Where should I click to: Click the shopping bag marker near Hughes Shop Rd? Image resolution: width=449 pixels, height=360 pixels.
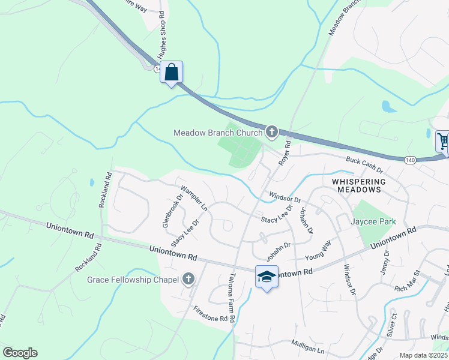click(172, 73)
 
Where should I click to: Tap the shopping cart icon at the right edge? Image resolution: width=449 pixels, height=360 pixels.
click(442, 142)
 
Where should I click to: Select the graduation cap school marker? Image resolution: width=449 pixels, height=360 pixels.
click(267, 277)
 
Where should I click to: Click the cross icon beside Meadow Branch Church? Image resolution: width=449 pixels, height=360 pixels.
click(272, 131)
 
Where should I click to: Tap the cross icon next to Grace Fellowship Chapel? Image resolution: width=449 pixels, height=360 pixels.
click(188, 279)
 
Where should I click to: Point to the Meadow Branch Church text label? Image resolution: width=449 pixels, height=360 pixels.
click(218, 133)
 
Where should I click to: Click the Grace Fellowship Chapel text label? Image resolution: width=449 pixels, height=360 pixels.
click(133, 280)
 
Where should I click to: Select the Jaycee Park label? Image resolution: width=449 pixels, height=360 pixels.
click(373, 221)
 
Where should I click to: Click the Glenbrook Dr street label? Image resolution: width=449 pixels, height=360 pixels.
click(172, 210)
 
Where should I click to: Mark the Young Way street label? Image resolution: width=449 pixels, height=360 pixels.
click(318, 251)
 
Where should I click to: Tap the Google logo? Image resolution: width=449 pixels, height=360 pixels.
click(20, 353)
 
